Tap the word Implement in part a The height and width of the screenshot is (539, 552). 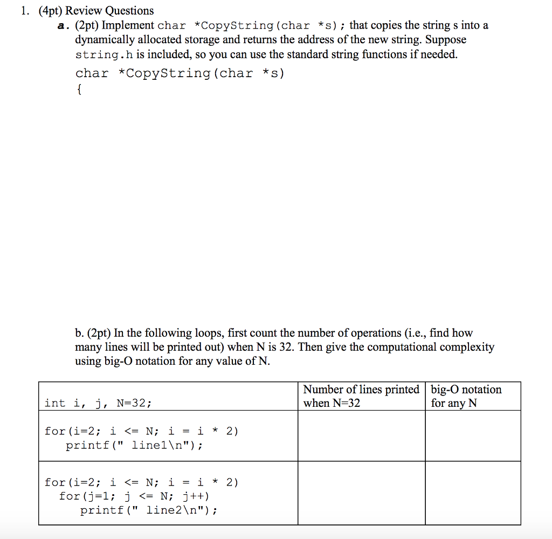click(x=128, y=25)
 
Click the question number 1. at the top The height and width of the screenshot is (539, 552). click(x=25, y=11)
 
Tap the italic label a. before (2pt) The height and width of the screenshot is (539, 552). click(x=63, y=25)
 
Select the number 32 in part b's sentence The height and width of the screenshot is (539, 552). click(x=285, y=347)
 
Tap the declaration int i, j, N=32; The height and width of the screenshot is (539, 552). click(x=98, y=403)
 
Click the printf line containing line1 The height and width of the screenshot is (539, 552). click(x=134, y=446)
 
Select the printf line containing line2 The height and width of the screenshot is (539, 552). click(x=149, y=510)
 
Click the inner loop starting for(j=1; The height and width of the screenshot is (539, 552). click(x=134, y=496)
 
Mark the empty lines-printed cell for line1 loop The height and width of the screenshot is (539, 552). click(x=361, y=436)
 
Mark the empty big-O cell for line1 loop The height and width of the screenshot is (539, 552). click(x=473, y=436)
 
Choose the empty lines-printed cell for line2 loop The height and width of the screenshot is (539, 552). click(x=361, y=493)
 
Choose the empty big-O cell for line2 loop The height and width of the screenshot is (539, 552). click(x=473, y=493)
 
